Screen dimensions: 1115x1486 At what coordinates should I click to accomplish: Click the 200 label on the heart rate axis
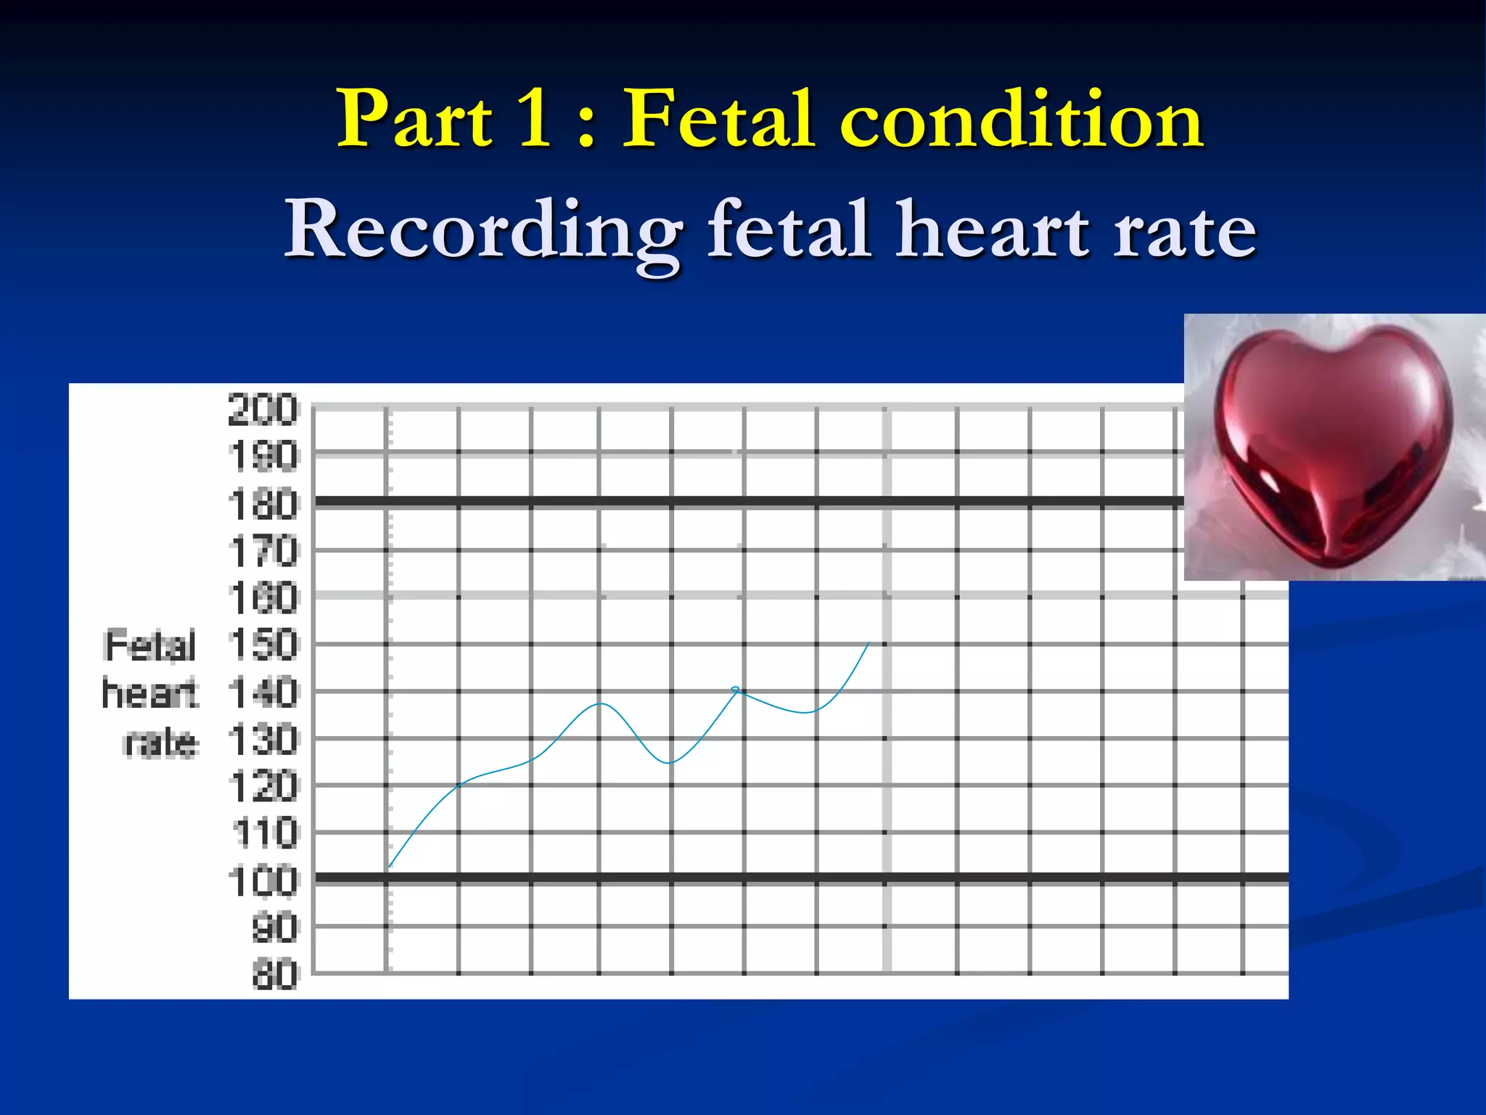263,409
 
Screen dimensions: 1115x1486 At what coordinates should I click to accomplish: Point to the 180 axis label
263,505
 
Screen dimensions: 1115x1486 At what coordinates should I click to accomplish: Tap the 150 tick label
263,645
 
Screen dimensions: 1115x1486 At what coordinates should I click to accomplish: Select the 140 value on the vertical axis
263,693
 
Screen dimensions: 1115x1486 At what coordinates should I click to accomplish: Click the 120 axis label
263,787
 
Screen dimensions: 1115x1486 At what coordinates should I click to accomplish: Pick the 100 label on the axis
263,881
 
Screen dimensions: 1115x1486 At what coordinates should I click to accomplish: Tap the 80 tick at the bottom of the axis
275,974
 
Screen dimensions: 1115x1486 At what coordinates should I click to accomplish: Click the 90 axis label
275,928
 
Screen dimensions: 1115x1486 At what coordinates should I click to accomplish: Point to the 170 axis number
263,552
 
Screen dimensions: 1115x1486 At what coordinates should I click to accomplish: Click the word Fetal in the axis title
150,645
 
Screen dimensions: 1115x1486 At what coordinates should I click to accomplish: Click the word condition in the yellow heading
1022,118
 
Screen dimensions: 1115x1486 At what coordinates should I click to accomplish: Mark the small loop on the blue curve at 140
736,689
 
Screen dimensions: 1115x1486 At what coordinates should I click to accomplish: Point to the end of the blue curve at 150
869,643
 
